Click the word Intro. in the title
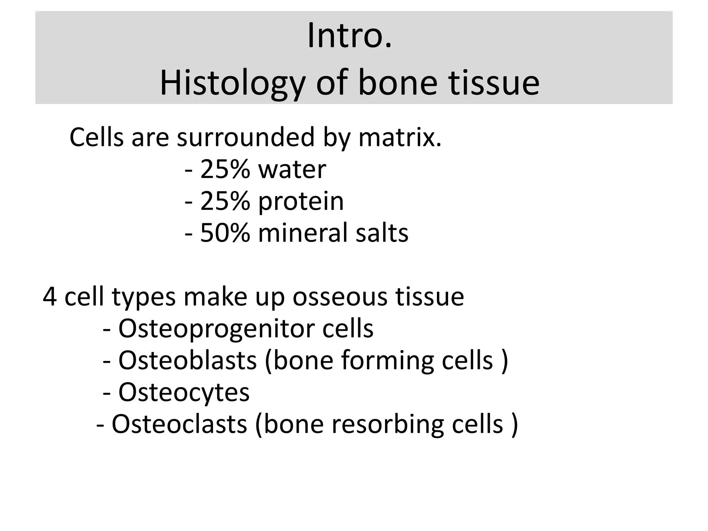click(350, 36)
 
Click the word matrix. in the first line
click(400, 138)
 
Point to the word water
click(292, 169)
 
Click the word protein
click(301, 201)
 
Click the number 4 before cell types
click(49, 297)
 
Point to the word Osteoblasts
click(187, 361)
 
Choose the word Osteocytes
click(184, 392)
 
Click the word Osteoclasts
click(179, 424)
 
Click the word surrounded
click(246, 138)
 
